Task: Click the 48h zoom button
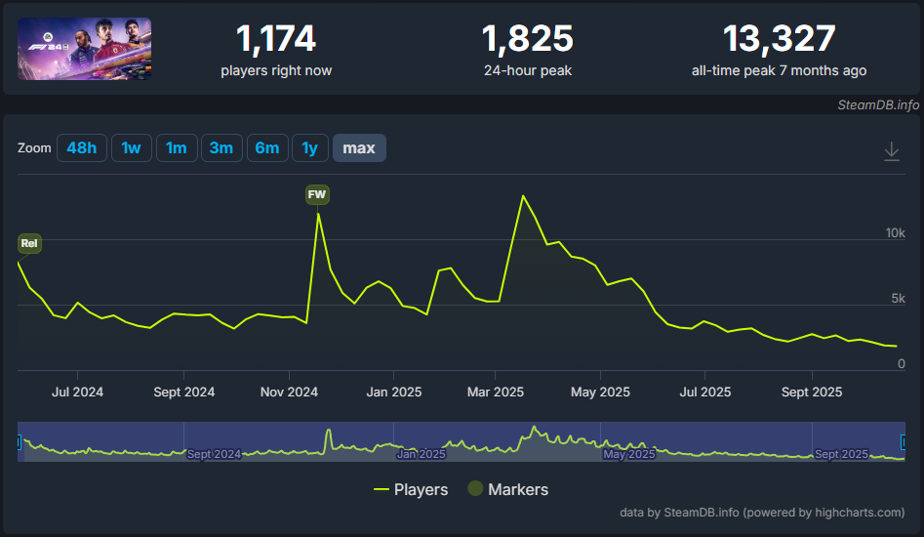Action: click(x=82, y=148)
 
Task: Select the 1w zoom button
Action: click(x=131, y=148)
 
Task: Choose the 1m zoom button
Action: click(x=176, y=148)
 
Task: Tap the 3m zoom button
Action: click(x=221, y=148)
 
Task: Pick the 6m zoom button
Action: click(x=266, y=148)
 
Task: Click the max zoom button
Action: click(x=359, y=148)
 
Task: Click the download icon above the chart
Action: click(x=891, y=151)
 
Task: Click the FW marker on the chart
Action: click(x=317, y=194)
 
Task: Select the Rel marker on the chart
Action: click(x=29, y=243)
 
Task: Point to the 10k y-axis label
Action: click(x=895, y=233)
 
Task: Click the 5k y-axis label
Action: click(x=898, y=299)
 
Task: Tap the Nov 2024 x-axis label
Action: click(x=289, y=392)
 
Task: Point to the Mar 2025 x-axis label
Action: click(x=496, y=392)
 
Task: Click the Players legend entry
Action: click(x=411, y=489)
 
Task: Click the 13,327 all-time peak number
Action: click(x=779, y=39)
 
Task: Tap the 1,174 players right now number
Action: click(x=276, y=39)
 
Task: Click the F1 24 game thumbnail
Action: click(x=84, y=49)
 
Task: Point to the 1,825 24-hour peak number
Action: click(x=527, y=39)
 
